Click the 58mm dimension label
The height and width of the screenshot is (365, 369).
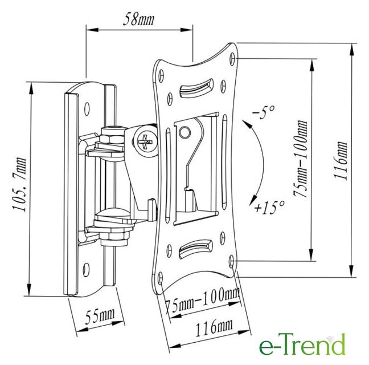click(138, 19)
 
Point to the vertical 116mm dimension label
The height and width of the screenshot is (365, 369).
click(341, 161)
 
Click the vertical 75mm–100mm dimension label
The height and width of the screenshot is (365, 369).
click(301, 159)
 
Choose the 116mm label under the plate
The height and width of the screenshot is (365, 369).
click(214, 328)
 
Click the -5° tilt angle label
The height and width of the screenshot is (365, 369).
click(264, 112)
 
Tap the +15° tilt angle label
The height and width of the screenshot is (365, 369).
click(270, 208)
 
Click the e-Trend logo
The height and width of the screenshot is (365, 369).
click(302, 344)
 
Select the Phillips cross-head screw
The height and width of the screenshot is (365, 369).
click(146, 142)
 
